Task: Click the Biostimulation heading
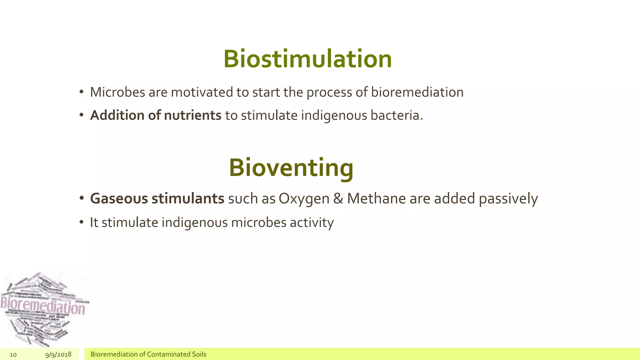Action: point(307,59)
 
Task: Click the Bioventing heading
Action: point(291,168)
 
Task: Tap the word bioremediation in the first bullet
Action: point(417,92)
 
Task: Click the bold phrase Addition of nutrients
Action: point(156,115)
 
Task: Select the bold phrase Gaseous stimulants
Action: point(157,198)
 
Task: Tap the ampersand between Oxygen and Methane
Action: point(338,198)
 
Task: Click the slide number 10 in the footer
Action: point(13,354)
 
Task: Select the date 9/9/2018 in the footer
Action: point(58,354)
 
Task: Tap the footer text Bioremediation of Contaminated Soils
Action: point(148,354)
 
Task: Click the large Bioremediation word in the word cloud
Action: point(42,306)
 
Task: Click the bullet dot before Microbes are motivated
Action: point(82,92)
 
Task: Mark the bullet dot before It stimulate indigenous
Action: point(82,222)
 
